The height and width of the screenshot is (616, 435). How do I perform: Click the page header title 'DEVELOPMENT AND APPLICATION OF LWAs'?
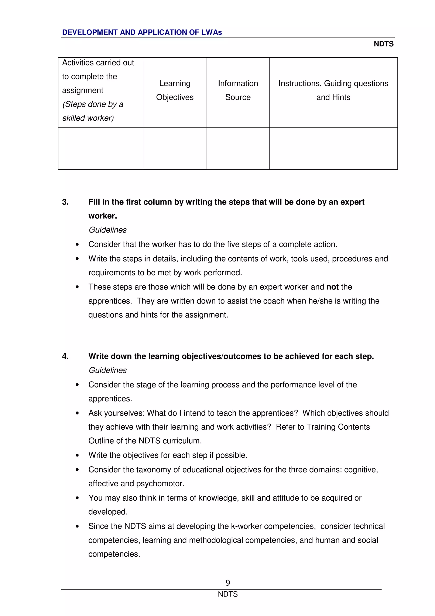(x=142, y=33)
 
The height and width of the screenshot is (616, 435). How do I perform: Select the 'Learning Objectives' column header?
(x=175, y=90)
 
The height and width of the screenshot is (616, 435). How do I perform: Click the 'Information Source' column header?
(x=238, y=90)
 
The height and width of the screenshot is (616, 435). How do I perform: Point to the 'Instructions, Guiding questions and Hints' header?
(x=333, y=90)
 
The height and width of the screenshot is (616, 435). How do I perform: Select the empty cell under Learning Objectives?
(x=175, y=148)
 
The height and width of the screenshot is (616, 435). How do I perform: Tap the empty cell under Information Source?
(x=238, y=148)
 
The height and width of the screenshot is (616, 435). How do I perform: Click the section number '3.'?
(x=65, y=202)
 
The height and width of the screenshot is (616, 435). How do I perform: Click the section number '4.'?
(x=65, y=356)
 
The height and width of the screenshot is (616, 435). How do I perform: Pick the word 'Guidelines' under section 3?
(x=107, y=230)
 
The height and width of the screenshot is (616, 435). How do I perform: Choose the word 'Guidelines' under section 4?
(x=107, y=370)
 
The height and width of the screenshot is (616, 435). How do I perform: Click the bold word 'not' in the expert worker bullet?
(x=332, y=287)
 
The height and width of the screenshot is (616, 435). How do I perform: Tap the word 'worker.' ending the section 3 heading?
(x=103, y=216)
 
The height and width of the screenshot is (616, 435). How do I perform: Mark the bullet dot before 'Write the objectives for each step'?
(x=77, y=455)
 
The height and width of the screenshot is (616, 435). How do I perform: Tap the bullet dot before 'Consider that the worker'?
(x=77, y=244)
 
